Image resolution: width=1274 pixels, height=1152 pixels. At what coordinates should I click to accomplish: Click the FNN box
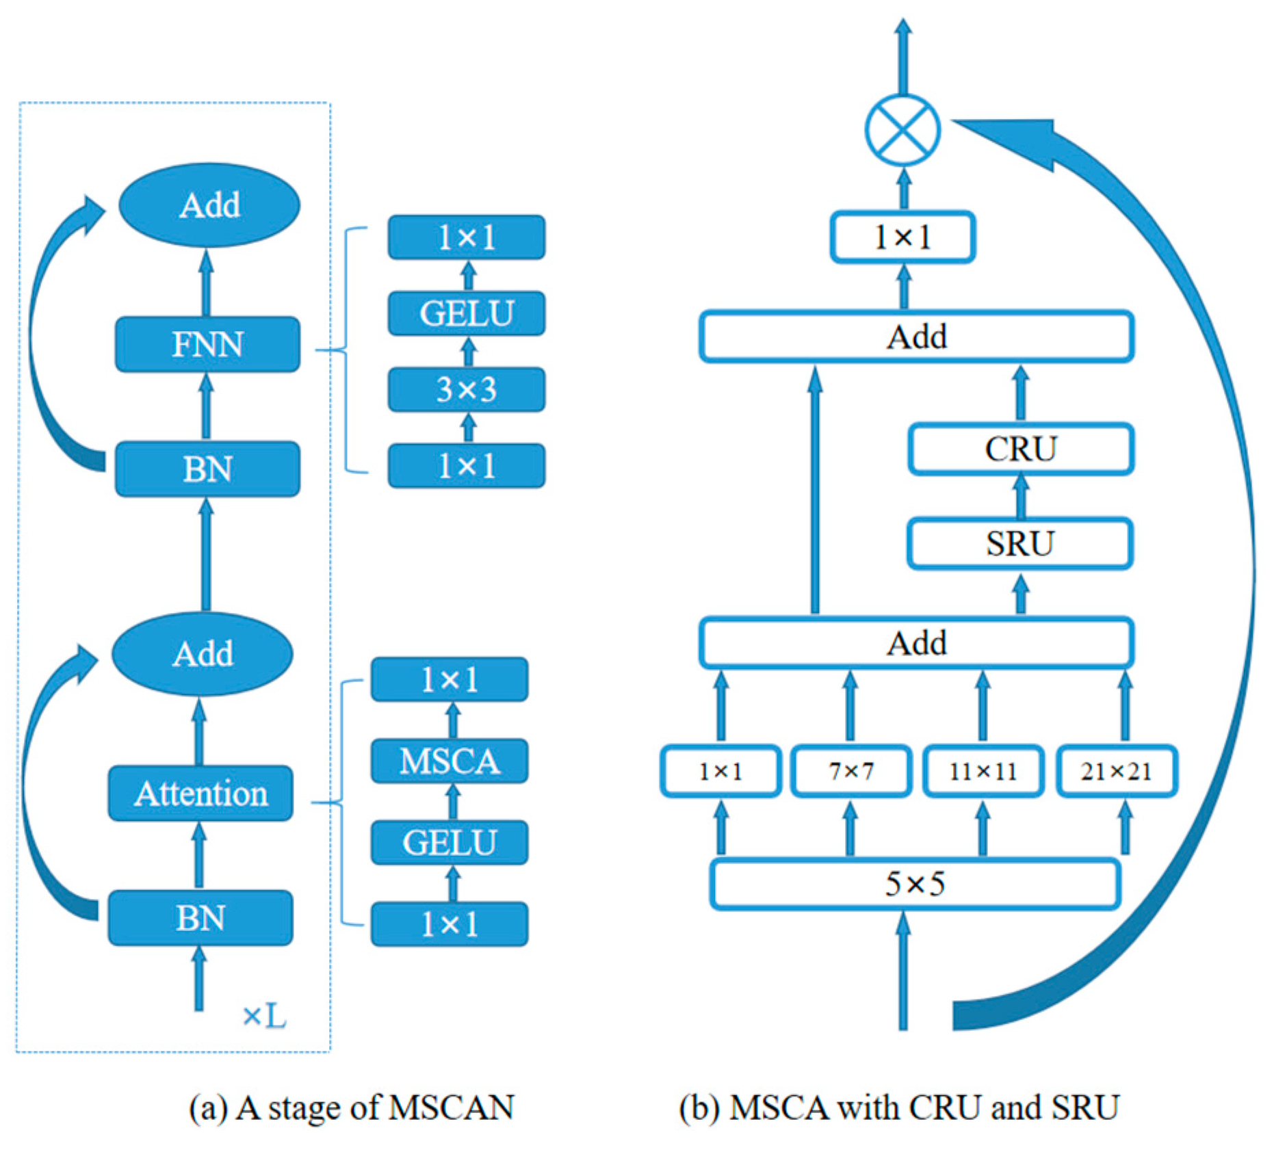[x=207, y=344]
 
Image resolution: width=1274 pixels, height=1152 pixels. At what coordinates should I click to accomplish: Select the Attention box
[x=200, y=793]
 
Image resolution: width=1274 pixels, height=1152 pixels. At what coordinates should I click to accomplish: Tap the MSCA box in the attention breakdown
[x=450, y=761]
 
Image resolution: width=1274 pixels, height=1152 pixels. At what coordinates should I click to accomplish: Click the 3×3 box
[x=467, y=389]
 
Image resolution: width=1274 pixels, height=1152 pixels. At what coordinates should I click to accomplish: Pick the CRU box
[x=1020, y=449]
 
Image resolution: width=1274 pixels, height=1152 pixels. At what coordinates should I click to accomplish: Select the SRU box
[x=1019, y=543]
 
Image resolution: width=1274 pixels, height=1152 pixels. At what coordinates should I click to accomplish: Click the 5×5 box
[x=915, y=884]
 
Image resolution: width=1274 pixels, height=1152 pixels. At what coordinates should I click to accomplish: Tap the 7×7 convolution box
[x=850, y=771]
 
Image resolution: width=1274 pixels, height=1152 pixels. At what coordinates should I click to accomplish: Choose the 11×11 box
[x=983, y=771]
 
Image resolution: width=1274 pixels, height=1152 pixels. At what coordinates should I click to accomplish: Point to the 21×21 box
[x=1116, y=771]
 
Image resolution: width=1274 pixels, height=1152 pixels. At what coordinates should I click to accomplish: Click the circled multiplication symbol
[x=902, y=130]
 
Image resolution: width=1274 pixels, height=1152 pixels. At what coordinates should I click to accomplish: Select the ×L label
[x=265, y=1016]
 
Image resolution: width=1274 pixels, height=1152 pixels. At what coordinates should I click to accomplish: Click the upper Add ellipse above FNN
[x=209, y=205]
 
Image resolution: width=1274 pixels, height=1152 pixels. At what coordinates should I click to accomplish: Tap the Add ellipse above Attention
[x=203, y=653]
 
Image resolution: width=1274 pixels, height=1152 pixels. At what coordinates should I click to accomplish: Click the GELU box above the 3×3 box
[x=467, y=313]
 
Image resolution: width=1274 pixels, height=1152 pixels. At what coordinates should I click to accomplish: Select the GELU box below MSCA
[x=450, y=842]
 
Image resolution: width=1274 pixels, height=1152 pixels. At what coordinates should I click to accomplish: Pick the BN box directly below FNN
[x=207, y=469]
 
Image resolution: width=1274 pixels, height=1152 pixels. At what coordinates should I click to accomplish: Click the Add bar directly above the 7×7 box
[x=916, y=642]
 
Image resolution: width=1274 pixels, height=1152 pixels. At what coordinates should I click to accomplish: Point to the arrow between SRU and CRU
[x=1020, y=497]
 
